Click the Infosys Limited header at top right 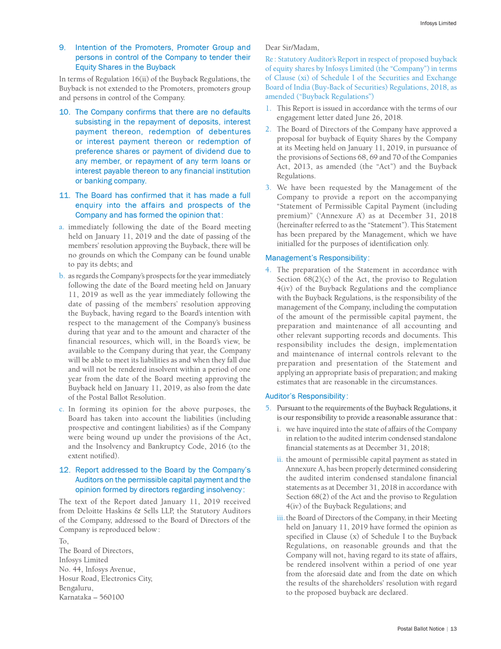[438, 23]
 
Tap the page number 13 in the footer [454, 629]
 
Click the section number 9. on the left [63, 47]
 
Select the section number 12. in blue [65, 470]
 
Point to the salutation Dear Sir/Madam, [292, 47]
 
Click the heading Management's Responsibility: [317, 258]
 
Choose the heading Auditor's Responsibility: [307, 396]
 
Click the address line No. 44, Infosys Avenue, [97, 569]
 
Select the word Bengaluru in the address [76, 587]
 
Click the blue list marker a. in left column [62, 227]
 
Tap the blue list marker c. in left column [62, 409]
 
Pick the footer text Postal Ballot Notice [420, 629]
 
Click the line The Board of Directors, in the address [96, 551]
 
